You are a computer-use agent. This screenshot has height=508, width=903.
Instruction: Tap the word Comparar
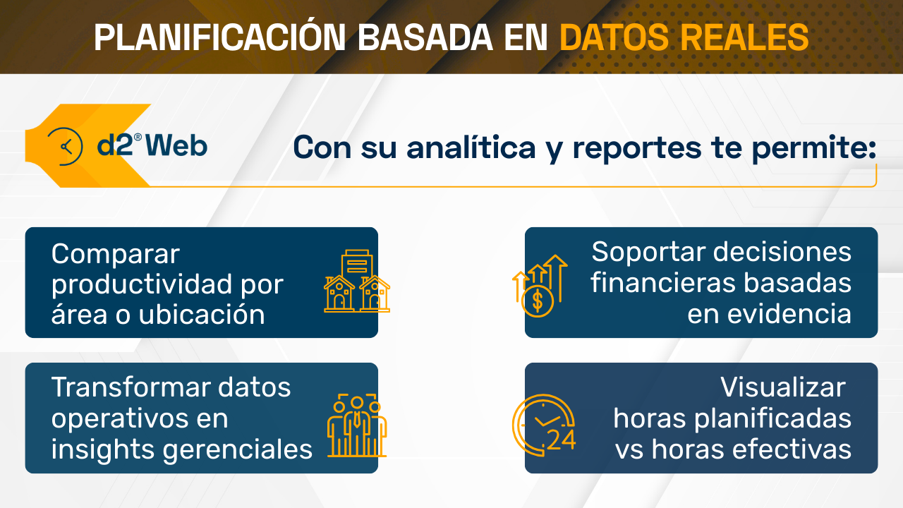coord(116,255)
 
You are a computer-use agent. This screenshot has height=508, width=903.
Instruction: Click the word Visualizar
coord(782,387)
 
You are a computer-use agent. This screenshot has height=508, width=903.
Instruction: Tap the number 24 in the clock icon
coord(562,440)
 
